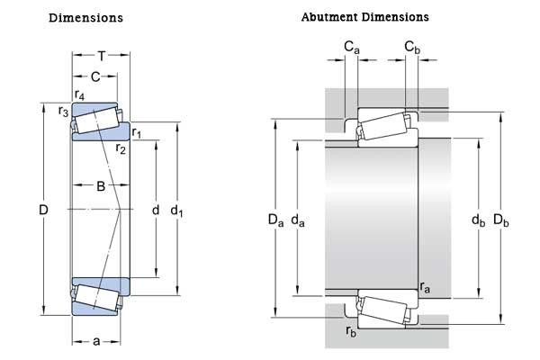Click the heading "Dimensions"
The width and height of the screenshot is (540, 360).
(x=85, y=18)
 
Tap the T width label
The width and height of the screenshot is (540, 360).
(x=102, y=55)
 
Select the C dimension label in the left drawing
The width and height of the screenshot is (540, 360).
(x=95, y=76)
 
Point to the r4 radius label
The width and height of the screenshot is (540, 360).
(x=79, y=94)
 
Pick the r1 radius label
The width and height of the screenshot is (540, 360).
(x=137, y=134)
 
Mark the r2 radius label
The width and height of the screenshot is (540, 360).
(x=121, y=148)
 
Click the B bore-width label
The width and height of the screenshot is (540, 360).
(x=101, y=186)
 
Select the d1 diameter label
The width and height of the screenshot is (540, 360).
(x=177, y=211)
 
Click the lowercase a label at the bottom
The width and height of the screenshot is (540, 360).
(x=96, y=341)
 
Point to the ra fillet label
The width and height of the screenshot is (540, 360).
(x=425, y=288)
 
